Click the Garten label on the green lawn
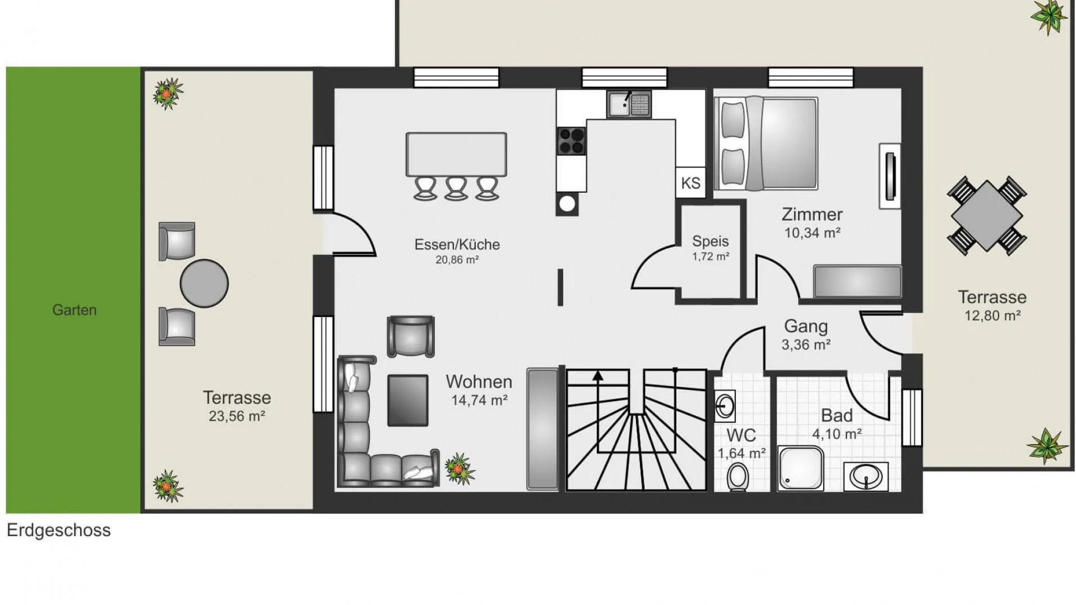click(x=75, y=310)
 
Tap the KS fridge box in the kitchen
click(x=690, y=183)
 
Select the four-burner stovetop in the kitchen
click(x=571, y=141)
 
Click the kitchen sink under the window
click(x=629, y=104)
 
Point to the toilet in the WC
click(x=738, y=477)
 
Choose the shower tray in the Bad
click(x=801, y=468)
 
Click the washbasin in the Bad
click(x=866, y=477)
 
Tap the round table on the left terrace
click(x=204, y=283)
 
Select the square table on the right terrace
click(x=986, y=216)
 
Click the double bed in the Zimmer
click(x=766, y=143)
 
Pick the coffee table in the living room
click(x=407, y=401)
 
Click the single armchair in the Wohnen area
click(x=411, y=337)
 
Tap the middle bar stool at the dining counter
click(x=456, y=188)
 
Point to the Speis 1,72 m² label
click(x=711, y=248)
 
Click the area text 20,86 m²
click(x=457, y=260)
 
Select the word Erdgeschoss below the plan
click(x=59, y=530)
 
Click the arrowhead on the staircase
click(x=598, y=376)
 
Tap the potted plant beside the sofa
click(x=460, y=468)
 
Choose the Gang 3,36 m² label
click(x=806, y=335)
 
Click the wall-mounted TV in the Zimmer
click(x=890, y=176)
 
